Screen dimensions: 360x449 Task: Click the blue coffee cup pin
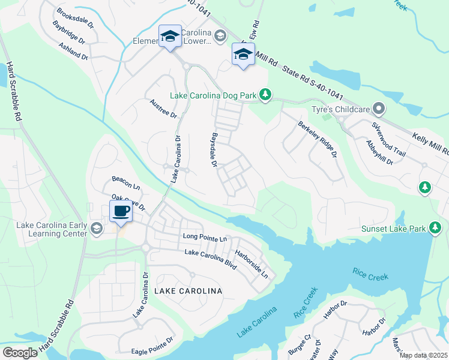(x=121, y=212)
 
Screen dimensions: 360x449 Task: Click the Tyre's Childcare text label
(x=339, y=110)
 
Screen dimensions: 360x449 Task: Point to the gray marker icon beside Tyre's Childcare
(x=378, y=109)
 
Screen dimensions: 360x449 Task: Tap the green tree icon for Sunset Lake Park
(x=435, y=229)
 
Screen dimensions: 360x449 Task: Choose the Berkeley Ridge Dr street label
(x=316, y=139)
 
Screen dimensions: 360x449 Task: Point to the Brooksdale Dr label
(x=76, y=19)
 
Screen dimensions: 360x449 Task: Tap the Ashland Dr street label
(x=74, y=51)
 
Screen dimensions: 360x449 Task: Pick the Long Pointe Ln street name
(x=205, y=239)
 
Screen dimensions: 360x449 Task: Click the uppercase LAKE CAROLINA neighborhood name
(x=188, y=291)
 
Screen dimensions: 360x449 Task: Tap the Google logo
(x=20, y=353)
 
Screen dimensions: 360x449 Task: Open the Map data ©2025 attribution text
(x=423, y=355)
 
